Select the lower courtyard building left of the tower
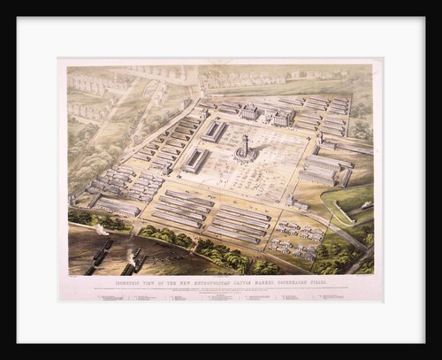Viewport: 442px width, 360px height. (196, 160)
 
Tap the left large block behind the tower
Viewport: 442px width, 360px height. (249, 112)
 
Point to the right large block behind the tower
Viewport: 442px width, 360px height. (281, 117)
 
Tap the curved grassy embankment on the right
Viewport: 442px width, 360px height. (347, 204)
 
